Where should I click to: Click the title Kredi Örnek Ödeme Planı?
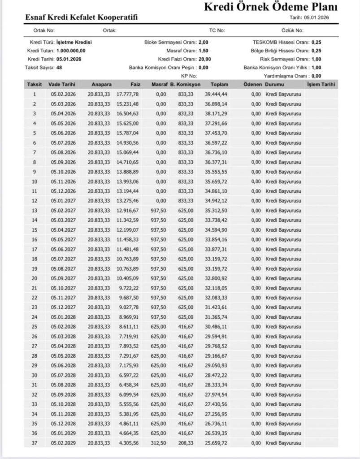(x=271, y=8)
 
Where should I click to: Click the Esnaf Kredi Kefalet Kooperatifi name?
(x=82, y=17)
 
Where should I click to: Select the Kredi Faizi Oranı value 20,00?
(x=204, y=59)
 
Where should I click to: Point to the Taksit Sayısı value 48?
(x=59, y=67)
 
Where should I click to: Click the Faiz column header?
(x=135, y=84)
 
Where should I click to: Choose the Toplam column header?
(x=220, y=84)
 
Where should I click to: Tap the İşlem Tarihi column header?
(x=321, y=84)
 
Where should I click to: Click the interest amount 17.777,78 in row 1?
(x=128, y=94)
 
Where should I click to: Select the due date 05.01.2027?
(x=62, y=200)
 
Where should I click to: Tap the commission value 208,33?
(x=186, y=443)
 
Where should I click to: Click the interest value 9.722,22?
(x=129, y=288)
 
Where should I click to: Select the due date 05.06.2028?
(x=62, y=365)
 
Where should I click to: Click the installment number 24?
(x=35, y=317)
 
